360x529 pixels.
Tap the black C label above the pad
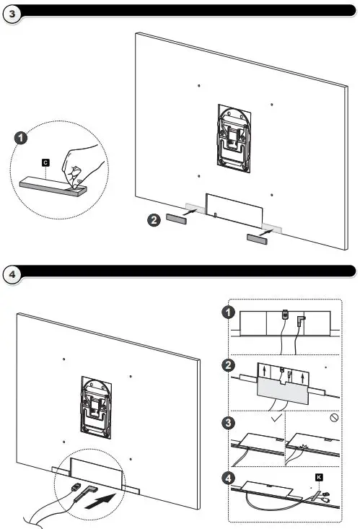45,164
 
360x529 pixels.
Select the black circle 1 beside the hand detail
22,136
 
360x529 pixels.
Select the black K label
317,477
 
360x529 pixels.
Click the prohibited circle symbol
333,417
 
